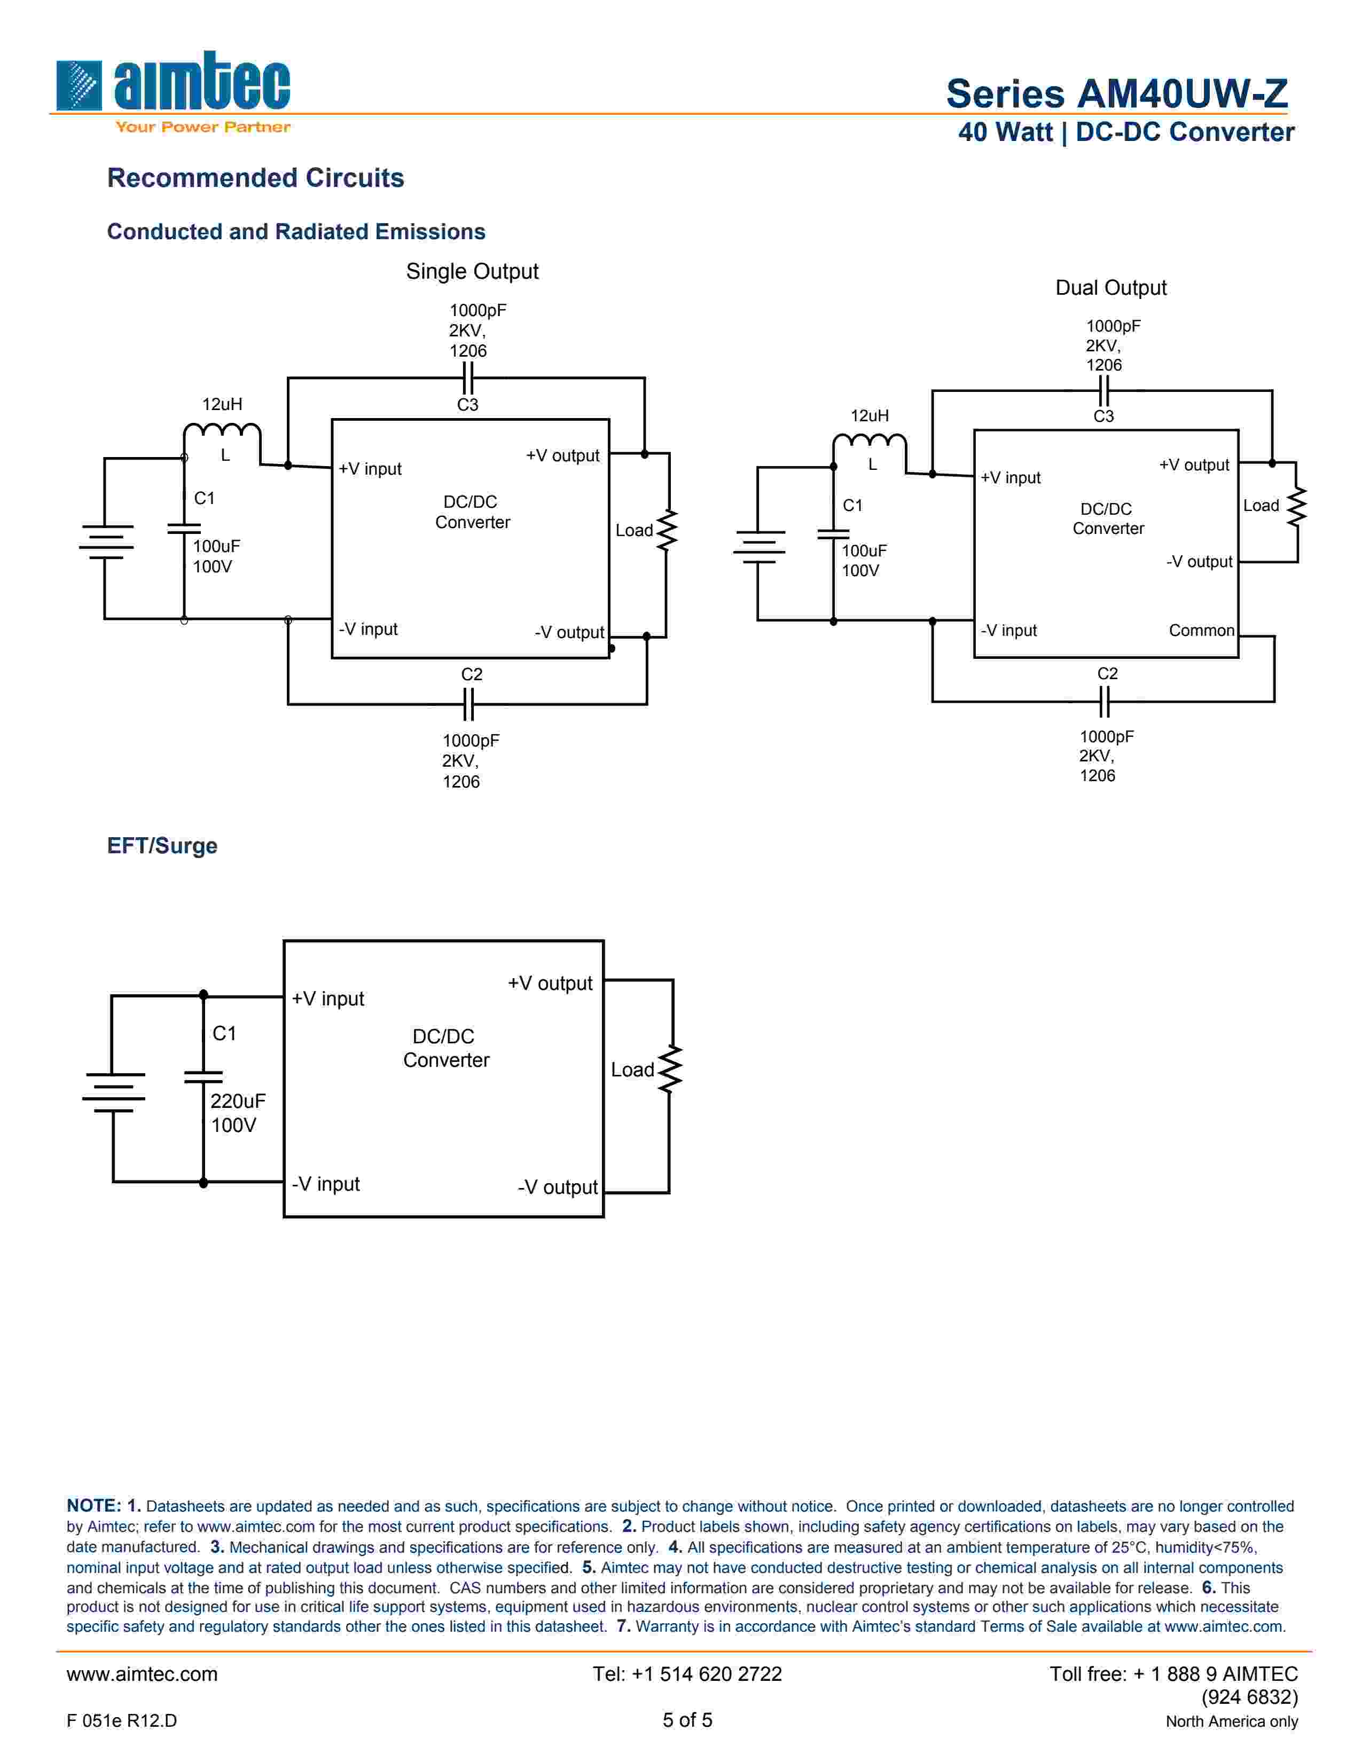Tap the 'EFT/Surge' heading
(x=162, y=846)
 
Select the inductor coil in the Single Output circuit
(x=222, y=432)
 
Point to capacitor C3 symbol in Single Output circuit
(x=467, y=377)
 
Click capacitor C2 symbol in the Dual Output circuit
(x=1105, y=701)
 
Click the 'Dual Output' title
(x=1110, y=288)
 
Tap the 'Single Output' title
(x=472, y=272)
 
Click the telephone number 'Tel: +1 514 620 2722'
(x=687, y=1674)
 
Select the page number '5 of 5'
(x=687, y=1720)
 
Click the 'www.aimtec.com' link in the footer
(x=142, y=1674)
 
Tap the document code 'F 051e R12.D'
(x=122, y=1721)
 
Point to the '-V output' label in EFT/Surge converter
(x=558, y=1187)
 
